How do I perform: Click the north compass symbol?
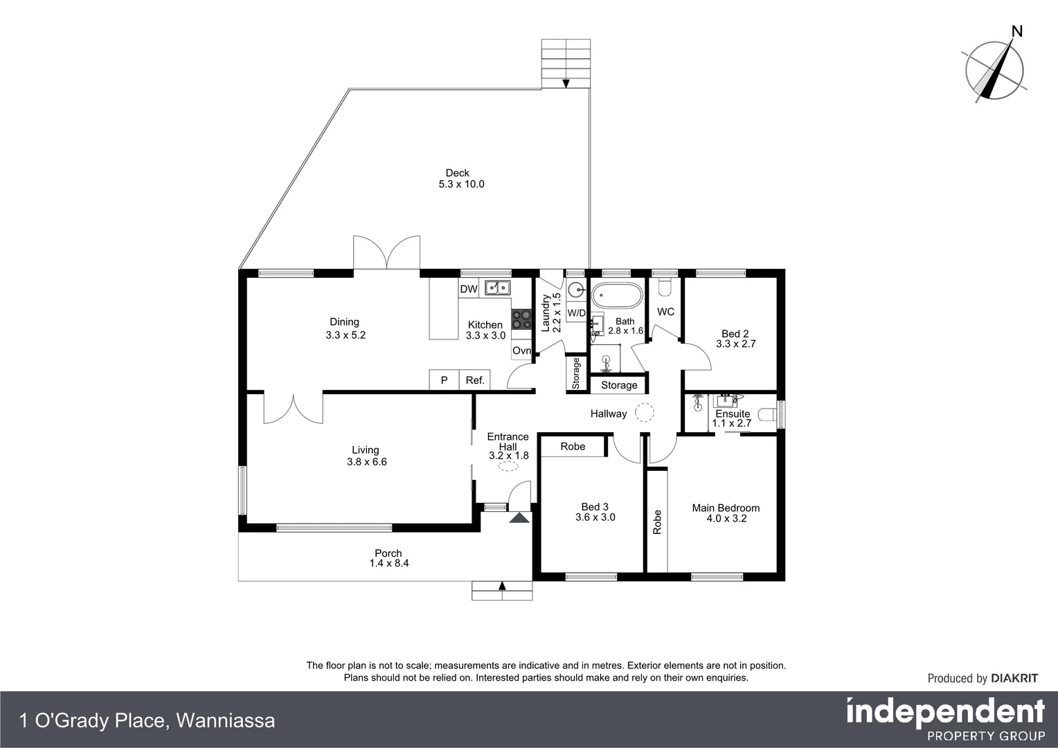click(x=995, y=69)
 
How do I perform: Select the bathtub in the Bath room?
click(x=617, y=296)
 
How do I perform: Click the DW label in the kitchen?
click(x=469, y=289)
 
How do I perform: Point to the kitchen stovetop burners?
click(x=521, y=319)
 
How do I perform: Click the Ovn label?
click(x=521, y=350)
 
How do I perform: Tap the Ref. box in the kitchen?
click(x=475, y=380)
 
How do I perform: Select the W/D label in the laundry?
click(x=576, y=313)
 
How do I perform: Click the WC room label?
click(x=665, y=312)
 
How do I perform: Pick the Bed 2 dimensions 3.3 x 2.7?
click(x=735, y=344)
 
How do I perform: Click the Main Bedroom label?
click(x=726, y=508)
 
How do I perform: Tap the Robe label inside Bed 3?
click(x=573, y=446)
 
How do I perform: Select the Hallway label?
click(x=608, y=413)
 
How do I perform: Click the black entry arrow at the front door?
click(x=519, y=517)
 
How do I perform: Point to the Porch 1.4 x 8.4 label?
click(x=388, y=558)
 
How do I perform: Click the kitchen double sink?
click(x=497, y=287)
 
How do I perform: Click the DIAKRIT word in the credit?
click(x=1014, y=678)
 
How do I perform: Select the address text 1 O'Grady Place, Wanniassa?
click(x=147, y=720)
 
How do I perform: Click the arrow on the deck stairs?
click(x=566, y=84)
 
